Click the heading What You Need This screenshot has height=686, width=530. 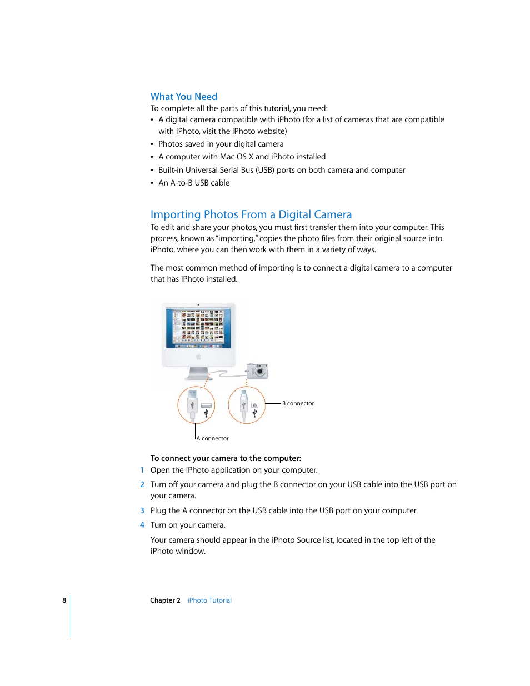coord(183,97)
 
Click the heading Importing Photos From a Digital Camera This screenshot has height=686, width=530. coord(251,214)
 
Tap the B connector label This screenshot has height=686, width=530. coord(298,404)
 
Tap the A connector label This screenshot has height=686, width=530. coord(213,439)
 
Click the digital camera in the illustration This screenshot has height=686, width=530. coord(258,370)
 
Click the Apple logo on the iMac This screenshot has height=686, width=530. coord(198,357)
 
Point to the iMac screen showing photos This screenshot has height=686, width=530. coord(198,328)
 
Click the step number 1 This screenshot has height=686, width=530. coord(142,470)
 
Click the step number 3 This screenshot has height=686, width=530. coord(142,510)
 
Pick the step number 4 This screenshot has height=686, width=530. coord(142,525)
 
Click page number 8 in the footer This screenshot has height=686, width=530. coord(64,600)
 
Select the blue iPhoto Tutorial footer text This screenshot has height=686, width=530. coord(209,600)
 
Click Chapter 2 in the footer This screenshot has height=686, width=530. coord(165,600)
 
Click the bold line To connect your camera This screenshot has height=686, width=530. coord(226,458)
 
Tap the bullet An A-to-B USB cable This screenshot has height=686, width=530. coord(194,183)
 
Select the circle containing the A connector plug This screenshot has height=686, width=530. coord(196,405)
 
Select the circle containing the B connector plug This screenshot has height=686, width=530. coord(247,405)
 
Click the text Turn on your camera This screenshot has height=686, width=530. coord(188,525)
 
